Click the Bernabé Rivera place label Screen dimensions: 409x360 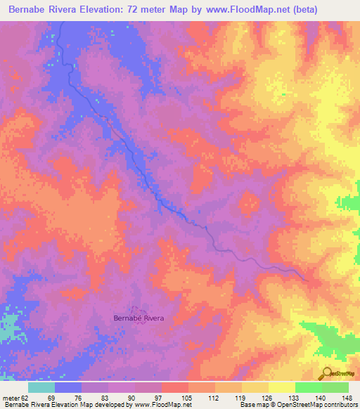click(139, 318)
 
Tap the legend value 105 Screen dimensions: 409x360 click(188, 397)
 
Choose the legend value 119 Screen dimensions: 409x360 click(241, 397)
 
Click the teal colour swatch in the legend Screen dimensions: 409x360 click(41, 387)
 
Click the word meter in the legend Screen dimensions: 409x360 click(10, 397)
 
